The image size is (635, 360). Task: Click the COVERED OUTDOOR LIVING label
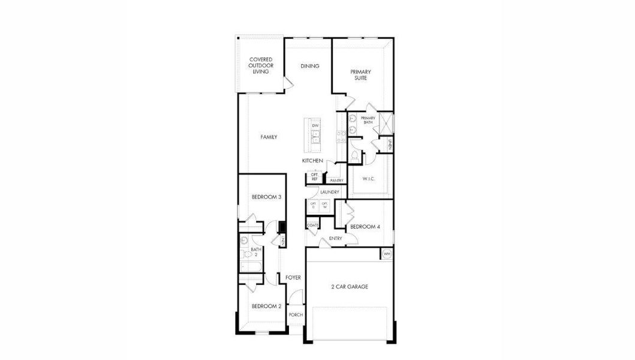pos(261,65)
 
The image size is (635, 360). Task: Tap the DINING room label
pos(310,66)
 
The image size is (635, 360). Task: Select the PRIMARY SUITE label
pos(360,74)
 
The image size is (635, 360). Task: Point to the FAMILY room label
pos(269,137)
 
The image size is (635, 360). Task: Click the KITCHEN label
pos(312,161)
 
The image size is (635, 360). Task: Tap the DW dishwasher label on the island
pos(315,125)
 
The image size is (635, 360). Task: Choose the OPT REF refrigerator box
pos(314,177)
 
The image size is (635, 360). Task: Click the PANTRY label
pos(336,180)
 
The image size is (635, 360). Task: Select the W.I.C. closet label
pos(369,179)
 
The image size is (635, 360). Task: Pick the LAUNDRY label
pos(330,192)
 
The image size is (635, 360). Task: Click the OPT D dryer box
pos(313,205)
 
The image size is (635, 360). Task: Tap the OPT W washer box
pos(324,205)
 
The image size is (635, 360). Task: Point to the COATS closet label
pos(312,226)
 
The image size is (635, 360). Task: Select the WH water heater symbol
pos(387,254)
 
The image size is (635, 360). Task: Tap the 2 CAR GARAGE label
pos(350,287)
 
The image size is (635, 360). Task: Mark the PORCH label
pos(296,315)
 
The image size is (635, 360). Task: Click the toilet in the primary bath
pos(355,156)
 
